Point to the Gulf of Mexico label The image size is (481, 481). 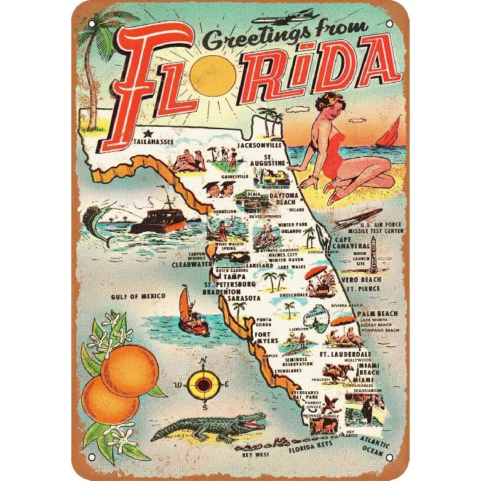[x=138, y=296]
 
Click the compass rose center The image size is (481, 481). [x=202, y=385]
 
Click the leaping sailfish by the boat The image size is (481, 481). [x=105, y=213]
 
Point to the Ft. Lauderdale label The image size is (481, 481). [x=345, y=355]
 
